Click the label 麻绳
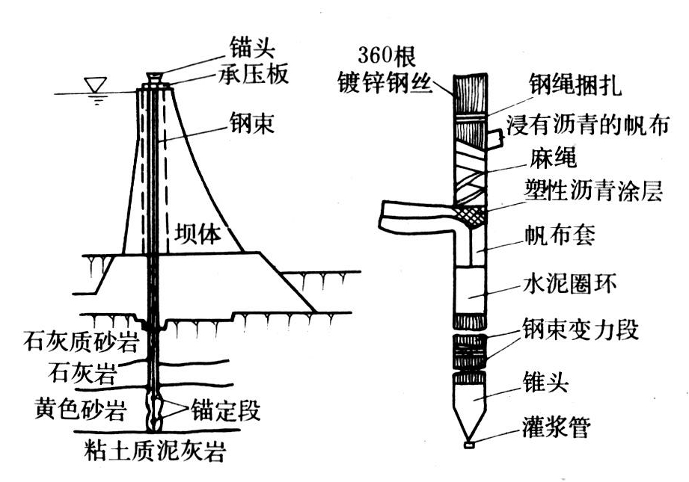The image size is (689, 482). point(538,158)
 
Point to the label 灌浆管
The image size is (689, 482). point(557,428)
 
